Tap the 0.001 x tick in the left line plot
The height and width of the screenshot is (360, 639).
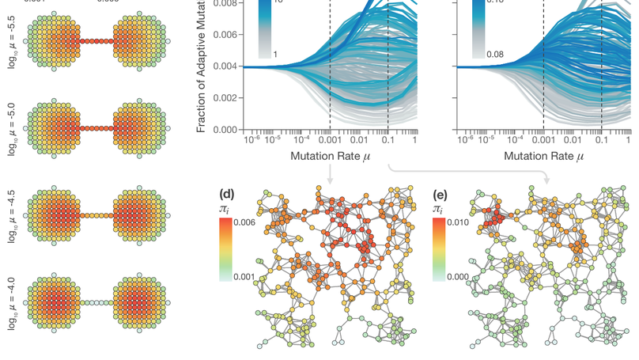point(330,140)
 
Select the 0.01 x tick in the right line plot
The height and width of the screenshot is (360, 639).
point(573,140)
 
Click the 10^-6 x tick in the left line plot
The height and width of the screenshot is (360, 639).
point(251,139)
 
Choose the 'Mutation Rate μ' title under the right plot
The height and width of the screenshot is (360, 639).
point(543,157)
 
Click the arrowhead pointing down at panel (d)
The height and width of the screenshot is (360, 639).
point(330,182)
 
